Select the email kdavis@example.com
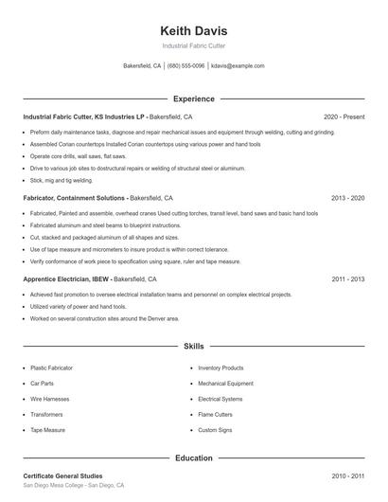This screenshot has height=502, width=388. pos(238,66)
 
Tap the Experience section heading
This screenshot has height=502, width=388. pos(194,99)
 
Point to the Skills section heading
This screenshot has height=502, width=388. pos(194,348)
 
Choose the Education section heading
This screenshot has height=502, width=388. pos(194,458)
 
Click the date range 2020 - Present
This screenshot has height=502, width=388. pos(344,117)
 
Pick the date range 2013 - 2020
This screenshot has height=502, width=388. pos(348,199)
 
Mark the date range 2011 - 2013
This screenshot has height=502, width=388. pos(348,280)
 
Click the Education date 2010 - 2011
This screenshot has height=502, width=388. pos(348,475)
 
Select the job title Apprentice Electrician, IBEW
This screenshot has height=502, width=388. pos(67,280)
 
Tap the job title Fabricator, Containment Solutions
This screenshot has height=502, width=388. pos(74,199)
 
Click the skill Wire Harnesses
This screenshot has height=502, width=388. pos(49,399)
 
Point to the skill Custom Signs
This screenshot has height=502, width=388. pos(216,430)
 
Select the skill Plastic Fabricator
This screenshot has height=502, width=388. pos(51,368)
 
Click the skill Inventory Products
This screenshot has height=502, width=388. pos(220,368)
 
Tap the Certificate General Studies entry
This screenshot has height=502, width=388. pos(62,475)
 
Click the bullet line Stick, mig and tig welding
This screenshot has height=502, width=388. pos(62,179)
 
